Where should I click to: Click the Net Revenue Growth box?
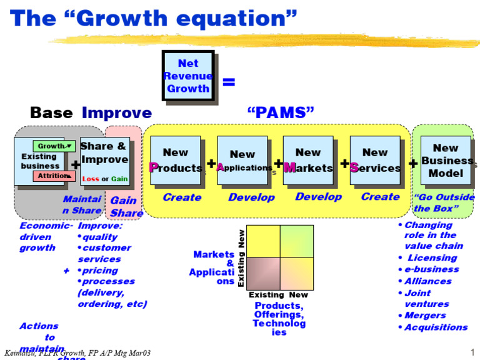(x=187, y=76)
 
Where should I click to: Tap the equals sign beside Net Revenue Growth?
(x=229, y=81)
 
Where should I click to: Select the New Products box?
(x=175, y=160)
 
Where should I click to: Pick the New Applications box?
(x=242, y=161)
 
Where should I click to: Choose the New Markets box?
(x=308, y=160)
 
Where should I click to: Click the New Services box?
(x=374, y=160)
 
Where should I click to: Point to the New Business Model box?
(x=446, y=160)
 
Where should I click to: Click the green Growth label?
(x=54, y=146)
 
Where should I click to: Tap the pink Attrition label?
(x=54, y=176)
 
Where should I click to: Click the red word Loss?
(x=91, y=179)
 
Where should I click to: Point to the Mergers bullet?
(x=425, y=316)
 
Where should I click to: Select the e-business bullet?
(x=431, y=269)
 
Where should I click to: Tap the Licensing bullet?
(x=432, y=257)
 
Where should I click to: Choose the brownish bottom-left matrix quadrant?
(x=264, y=273)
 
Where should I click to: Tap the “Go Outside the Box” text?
(x=444, y=202)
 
